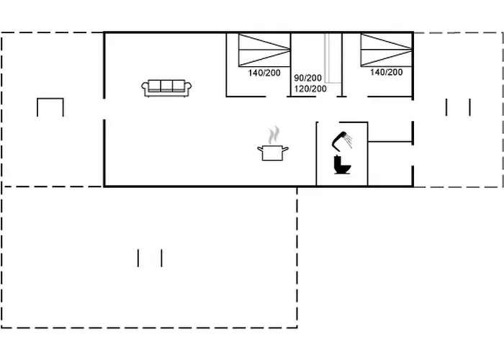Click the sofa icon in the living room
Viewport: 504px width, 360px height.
[166, 88]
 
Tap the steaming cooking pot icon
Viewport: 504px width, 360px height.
[273, 151]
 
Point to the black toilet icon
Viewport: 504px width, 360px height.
[342, 166]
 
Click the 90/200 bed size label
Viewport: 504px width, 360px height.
[309, 78]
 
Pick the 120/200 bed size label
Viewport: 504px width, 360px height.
[310, 89]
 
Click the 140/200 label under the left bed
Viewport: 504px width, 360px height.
[264, 73]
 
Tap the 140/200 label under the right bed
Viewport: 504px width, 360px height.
[387, 73]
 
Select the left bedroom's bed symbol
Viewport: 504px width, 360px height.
[264, 50]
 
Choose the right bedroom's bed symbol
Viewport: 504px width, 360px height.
[387, 50]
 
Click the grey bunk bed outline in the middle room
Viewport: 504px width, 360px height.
[333, 58]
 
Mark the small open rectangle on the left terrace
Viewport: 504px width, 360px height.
[50, 106]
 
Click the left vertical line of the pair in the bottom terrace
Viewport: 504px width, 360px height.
[138, 258]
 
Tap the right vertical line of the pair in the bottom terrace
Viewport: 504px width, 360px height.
[162, 258]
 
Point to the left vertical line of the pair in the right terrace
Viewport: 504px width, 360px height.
[446, 107]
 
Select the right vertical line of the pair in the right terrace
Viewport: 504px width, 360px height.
[470, 107]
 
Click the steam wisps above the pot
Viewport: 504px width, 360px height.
[273, 135]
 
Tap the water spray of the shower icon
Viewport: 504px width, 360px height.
[348, 140]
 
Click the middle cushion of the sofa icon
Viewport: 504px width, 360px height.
[166, 86]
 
